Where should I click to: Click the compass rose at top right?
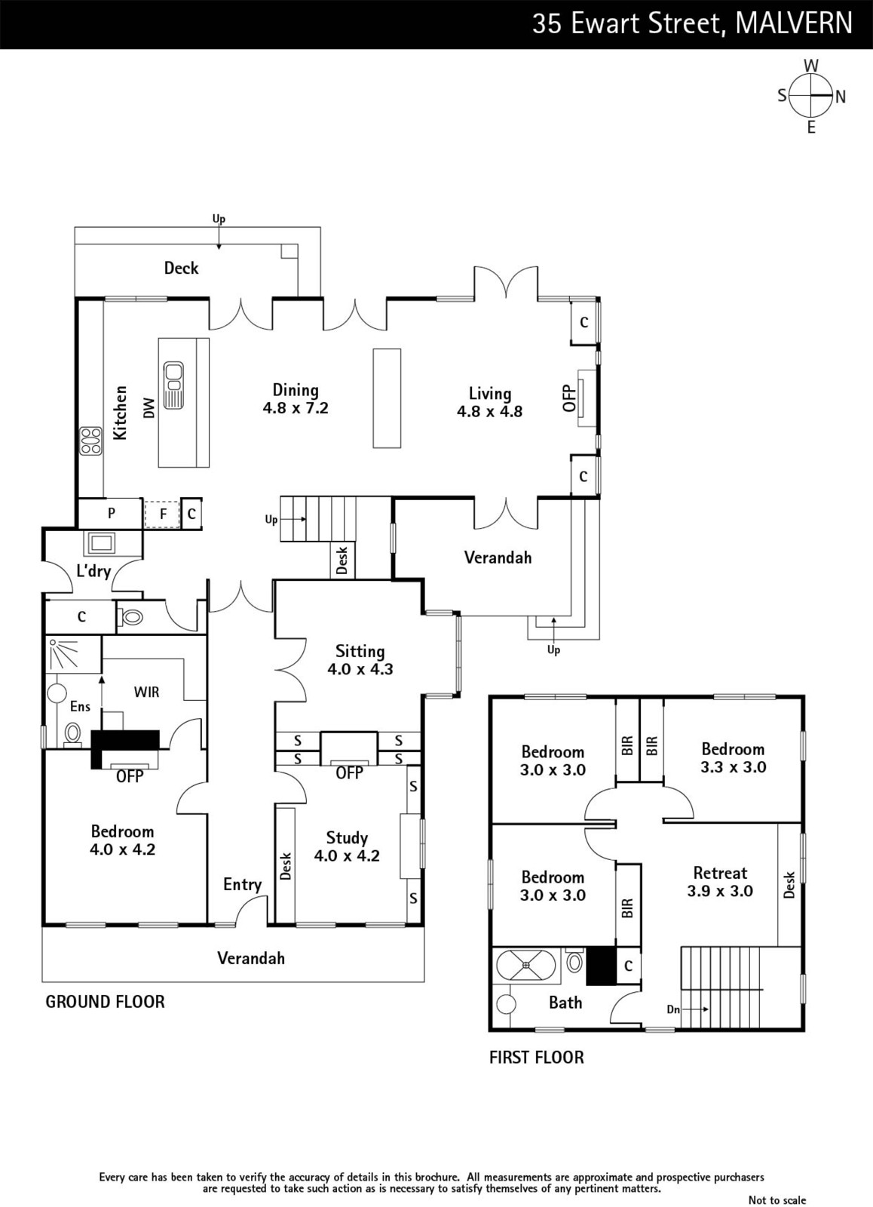(811, 96)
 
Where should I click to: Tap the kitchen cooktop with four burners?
(91, 441)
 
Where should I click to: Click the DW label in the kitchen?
(149, 408)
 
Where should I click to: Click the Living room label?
(489, 394)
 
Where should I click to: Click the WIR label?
(146, 692)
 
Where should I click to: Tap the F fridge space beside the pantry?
(163, 514)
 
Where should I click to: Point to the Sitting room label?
(360, 652)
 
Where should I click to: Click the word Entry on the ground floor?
(242, 885)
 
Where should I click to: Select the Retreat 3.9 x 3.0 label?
(720, 882)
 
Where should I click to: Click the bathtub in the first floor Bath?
(526, 966)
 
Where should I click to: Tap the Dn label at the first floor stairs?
(673, 1009)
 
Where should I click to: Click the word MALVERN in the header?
(794, 23)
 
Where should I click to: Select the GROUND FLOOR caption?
(105, 1002)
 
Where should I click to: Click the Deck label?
(182, 268)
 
